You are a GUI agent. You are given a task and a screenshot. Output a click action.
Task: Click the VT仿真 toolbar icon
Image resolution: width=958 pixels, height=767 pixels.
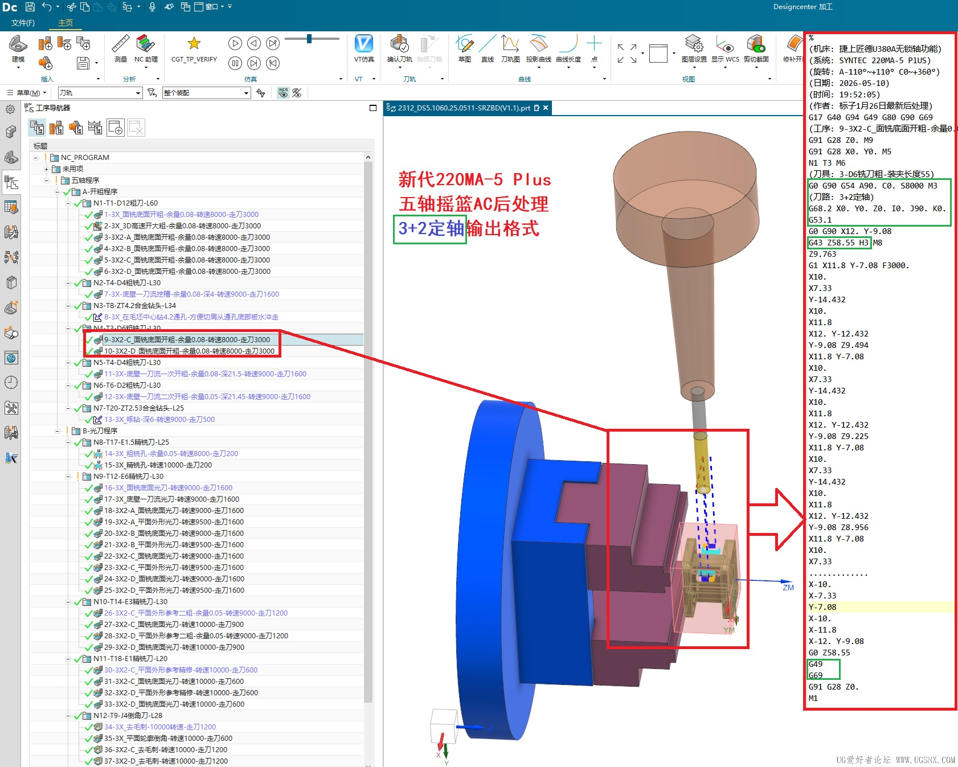coord(363,44)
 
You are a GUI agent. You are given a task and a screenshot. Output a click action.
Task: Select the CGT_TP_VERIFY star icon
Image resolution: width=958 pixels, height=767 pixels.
coord(194,43)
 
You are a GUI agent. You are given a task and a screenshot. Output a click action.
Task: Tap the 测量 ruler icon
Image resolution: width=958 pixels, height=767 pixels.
coord(120,43)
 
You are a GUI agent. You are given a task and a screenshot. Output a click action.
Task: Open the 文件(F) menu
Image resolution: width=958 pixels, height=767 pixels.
coord(23,23)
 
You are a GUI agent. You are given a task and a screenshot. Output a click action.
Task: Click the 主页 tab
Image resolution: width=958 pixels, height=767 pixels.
coord(65,23)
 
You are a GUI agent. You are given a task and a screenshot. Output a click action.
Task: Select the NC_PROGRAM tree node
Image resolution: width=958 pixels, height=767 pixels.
coord(85,158)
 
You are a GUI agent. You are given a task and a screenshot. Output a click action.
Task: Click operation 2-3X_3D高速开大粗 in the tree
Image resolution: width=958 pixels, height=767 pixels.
coord(182,226)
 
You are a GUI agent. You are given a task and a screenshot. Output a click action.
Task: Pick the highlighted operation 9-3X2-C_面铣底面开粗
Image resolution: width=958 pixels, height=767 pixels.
coord(187,340)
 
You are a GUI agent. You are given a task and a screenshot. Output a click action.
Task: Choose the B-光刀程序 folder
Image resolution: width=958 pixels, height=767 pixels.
coord(100,431)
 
